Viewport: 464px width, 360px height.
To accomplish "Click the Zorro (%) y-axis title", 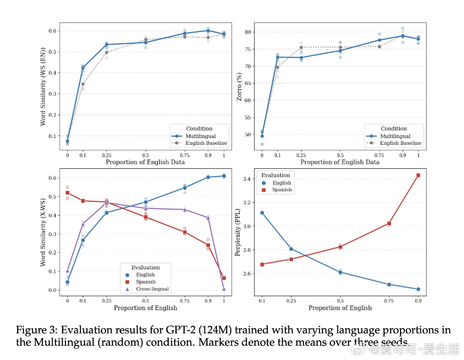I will [x=239, y=87].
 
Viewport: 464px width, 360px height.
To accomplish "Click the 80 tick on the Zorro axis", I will [x=247, y=32].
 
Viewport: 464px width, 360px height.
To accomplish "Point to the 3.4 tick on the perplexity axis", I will [x=247, y=179].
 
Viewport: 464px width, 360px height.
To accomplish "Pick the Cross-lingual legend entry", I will [x=152, y=289].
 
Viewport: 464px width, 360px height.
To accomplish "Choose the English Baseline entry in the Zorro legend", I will [x=400, y=143].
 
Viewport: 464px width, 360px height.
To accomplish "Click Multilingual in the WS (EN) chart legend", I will [x=200, y=136].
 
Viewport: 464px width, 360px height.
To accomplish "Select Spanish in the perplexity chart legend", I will [x=282, y=190].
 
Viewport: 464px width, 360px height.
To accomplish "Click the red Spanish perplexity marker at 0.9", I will [x=418, y=175].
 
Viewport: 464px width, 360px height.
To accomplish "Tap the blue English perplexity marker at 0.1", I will [x=262, y=213].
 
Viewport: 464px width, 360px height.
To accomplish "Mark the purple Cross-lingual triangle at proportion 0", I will [x=67, y=271].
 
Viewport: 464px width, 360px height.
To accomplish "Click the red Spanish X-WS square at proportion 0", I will [x=67, y=193].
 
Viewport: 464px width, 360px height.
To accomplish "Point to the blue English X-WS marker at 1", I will [x=224, y=176].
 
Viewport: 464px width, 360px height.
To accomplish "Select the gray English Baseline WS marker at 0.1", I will [x=83, y=84].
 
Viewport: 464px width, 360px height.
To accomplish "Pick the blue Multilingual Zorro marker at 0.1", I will [x=277, y=57].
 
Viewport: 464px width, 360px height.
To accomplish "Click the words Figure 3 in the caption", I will [x=36, y=330].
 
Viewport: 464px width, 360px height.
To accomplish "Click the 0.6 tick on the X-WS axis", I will [x=53, y=178].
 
